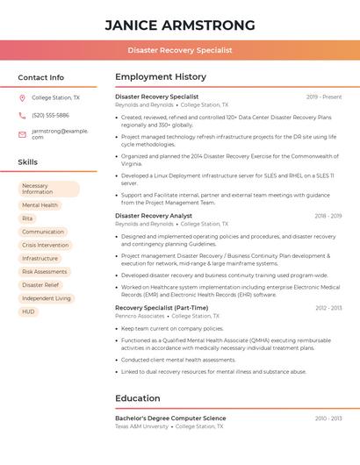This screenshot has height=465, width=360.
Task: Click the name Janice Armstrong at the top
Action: click(x=180, y=25)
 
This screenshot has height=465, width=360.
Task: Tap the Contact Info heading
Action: click(x=41, y=77)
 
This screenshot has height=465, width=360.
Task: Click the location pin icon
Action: click(x=22, y=98)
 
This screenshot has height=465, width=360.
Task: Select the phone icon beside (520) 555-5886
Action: click(x=22, y=115)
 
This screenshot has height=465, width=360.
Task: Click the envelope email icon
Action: click(x=22, y=134)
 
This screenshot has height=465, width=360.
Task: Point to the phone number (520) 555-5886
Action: click(x=50, y=115)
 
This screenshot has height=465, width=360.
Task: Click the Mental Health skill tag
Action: click(x=40, y=205)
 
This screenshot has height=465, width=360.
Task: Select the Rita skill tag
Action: click(x=27, y=218)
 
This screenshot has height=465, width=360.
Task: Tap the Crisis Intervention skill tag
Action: click(x=45, y=245)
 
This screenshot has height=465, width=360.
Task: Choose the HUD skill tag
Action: click(x=29, y=311)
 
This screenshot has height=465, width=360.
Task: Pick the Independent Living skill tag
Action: click(x=47, y=298)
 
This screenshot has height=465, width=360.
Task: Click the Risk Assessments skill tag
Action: click(x=44, y=272)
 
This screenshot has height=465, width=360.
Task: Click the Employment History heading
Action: click(x=161, y=77)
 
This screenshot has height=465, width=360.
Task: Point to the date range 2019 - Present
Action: click(x=324, y=97)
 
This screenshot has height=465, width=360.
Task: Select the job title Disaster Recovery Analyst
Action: click(x=154, y=215)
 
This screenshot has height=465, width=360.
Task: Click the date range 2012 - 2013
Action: click(x=328, y=308)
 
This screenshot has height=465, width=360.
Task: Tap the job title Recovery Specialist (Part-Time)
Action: click(x=162, y=308)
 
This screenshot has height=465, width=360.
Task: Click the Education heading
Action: click(x=138, y=398)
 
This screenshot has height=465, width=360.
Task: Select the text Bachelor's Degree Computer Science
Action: click(x=170, y=418)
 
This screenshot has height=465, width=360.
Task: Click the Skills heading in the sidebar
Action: click(x=28, y=162)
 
